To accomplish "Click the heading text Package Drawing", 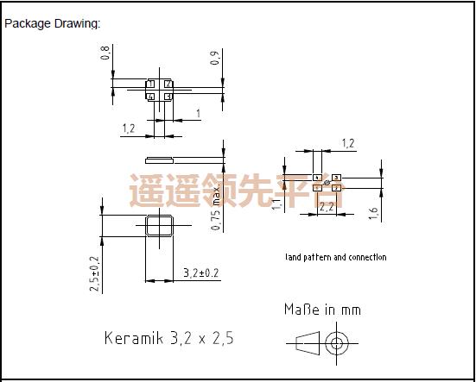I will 53,23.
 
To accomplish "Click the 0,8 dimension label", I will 105,53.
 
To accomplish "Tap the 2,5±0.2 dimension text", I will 95,275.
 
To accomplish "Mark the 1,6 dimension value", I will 373,213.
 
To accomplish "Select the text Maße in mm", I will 322,309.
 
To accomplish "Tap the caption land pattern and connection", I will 335,257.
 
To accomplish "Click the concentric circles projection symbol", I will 334,344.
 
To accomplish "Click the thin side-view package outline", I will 161,159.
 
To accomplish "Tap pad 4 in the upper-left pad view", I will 151,97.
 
